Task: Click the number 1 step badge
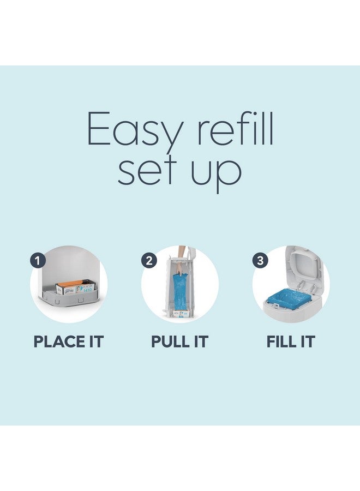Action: click(37, 260)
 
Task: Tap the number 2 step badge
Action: click(148, 260)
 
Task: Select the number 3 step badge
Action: click(260, 260)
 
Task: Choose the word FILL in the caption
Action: click(283, 342)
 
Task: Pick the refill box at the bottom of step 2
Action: click(179, 315)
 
